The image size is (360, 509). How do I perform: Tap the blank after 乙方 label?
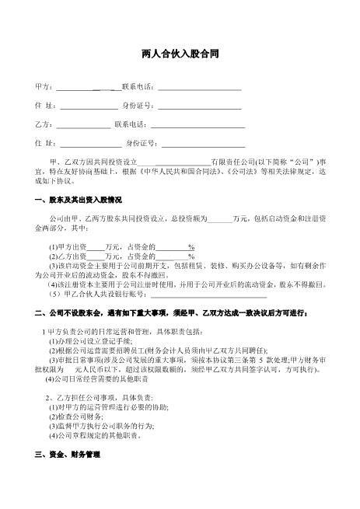point(83,124)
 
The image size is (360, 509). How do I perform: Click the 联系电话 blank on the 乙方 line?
point(198,124)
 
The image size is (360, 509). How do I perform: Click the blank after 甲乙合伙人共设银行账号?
point(208,295)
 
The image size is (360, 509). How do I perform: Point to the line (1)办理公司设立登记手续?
point(90,341)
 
